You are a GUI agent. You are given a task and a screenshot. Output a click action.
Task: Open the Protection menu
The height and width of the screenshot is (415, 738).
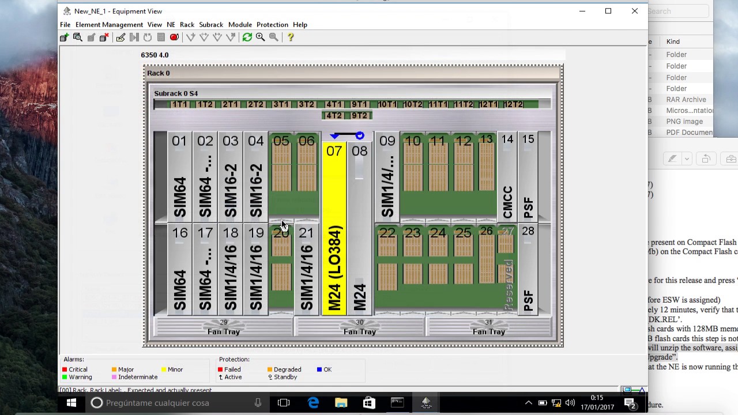point(272,25)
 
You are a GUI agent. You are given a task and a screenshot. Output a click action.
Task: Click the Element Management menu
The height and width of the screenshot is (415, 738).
point(109,25)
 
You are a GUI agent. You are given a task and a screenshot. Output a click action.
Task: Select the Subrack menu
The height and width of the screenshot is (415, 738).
point(211,25)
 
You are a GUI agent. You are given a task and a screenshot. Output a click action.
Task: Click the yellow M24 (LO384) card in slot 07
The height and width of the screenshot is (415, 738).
point(334,231)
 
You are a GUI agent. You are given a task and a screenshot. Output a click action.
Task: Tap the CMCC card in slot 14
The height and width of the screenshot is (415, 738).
point(507,179)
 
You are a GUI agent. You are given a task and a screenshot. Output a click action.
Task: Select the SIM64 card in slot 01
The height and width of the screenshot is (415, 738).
point(179,179)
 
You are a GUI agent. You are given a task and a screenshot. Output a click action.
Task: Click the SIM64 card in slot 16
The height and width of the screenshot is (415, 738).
point(179,271)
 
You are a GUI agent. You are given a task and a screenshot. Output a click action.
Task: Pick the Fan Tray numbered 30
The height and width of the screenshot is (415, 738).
point(360,327)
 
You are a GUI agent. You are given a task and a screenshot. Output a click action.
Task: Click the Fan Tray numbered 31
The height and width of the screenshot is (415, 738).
point(489,327)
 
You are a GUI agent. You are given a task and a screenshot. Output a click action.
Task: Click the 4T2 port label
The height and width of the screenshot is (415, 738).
point(334,115)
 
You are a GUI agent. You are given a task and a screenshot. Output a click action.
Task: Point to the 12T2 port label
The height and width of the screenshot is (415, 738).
point(513,104)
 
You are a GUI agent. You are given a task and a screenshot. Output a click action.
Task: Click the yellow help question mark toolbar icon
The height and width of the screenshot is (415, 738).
point(291,37)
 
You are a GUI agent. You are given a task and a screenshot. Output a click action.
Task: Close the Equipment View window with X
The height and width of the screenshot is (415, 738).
point(634,11)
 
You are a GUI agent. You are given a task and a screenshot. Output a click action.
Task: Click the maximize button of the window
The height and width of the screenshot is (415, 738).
point(608,11)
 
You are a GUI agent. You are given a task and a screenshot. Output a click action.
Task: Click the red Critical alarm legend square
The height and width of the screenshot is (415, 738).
point(66,369)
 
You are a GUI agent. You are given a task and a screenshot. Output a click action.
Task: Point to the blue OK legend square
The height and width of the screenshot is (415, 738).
point(319,369)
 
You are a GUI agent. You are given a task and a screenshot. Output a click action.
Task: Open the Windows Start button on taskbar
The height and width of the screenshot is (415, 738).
point(71,403)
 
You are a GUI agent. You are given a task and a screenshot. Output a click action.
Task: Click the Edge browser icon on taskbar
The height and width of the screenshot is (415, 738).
point(313,403)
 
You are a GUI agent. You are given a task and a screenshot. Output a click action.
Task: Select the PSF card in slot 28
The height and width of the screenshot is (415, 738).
point(528,271)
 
